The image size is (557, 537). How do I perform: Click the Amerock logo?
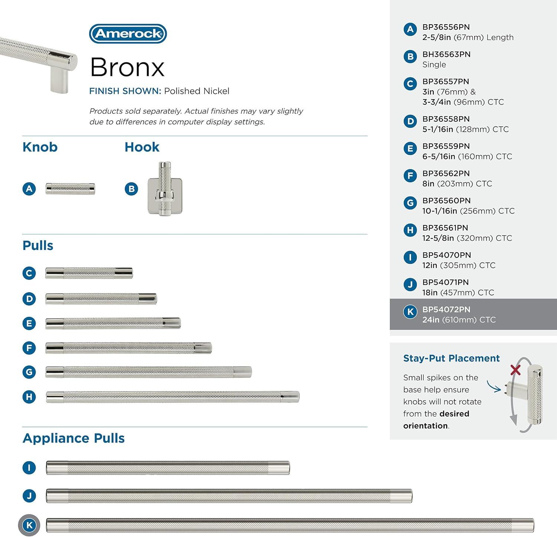click(x=128, y=34)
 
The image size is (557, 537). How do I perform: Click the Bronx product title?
click(x=127, y=67)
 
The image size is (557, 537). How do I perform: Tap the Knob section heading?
click(x=40, y=147)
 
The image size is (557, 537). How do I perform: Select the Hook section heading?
click(x=142, y=147)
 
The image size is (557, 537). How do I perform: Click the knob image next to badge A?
click(x=70, y=189)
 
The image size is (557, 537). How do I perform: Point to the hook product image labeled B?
click(x=165, y=189)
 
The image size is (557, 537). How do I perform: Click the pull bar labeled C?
click(x=89, y=273)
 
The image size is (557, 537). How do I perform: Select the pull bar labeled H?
click(x=172, y=397)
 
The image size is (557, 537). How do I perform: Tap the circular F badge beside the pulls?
click(x=29, y=348)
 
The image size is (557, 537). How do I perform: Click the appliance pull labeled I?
click(x=167, y=468)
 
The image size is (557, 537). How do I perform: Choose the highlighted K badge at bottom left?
click(x=29, y=525)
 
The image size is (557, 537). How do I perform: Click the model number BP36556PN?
click(x=446, y=27)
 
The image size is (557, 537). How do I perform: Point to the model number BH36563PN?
click(x=446, y=54)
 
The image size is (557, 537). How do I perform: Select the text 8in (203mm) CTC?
click(x=457, y=184)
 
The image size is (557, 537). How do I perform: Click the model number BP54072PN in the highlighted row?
click(x=446, y=309)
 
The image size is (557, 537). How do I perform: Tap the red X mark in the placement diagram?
click(x=515, y=370)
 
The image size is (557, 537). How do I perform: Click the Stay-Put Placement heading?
click(x=451, y=358)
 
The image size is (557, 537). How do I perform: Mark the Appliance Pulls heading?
click(x=74, y=438)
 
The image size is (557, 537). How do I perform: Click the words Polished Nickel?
click(x=196, y=91)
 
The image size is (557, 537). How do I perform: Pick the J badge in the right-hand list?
click(x=410, y=285)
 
